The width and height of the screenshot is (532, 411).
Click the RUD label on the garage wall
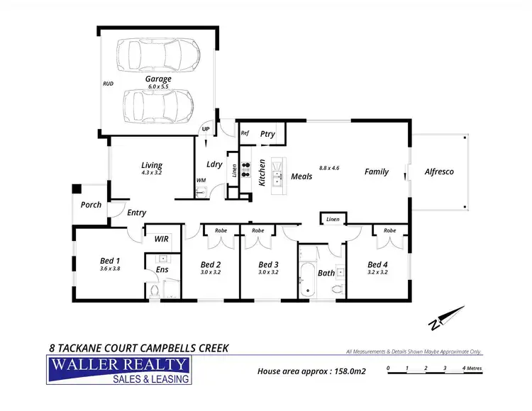click(x=108, y=84)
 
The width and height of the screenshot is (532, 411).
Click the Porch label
click(x=91, y=205)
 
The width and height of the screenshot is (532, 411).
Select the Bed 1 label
click(x=109, y=261)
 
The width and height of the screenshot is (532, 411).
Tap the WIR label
click(x=161, y=239)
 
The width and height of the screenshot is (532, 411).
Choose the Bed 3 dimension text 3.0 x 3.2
click(x=267, y=272)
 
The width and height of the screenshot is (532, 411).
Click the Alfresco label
click(x=438, y=171)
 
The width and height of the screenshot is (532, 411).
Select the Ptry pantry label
click(x=267, y=134)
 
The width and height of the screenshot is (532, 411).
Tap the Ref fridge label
click(x=245, y=133)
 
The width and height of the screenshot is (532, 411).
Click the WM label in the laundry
click(x=201, y=181)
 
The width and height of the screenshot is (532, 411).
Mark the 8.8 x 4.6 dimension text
click(x=329, y=167)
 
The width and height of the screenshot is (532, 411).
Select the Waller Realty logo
click(x=118, y=370)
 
